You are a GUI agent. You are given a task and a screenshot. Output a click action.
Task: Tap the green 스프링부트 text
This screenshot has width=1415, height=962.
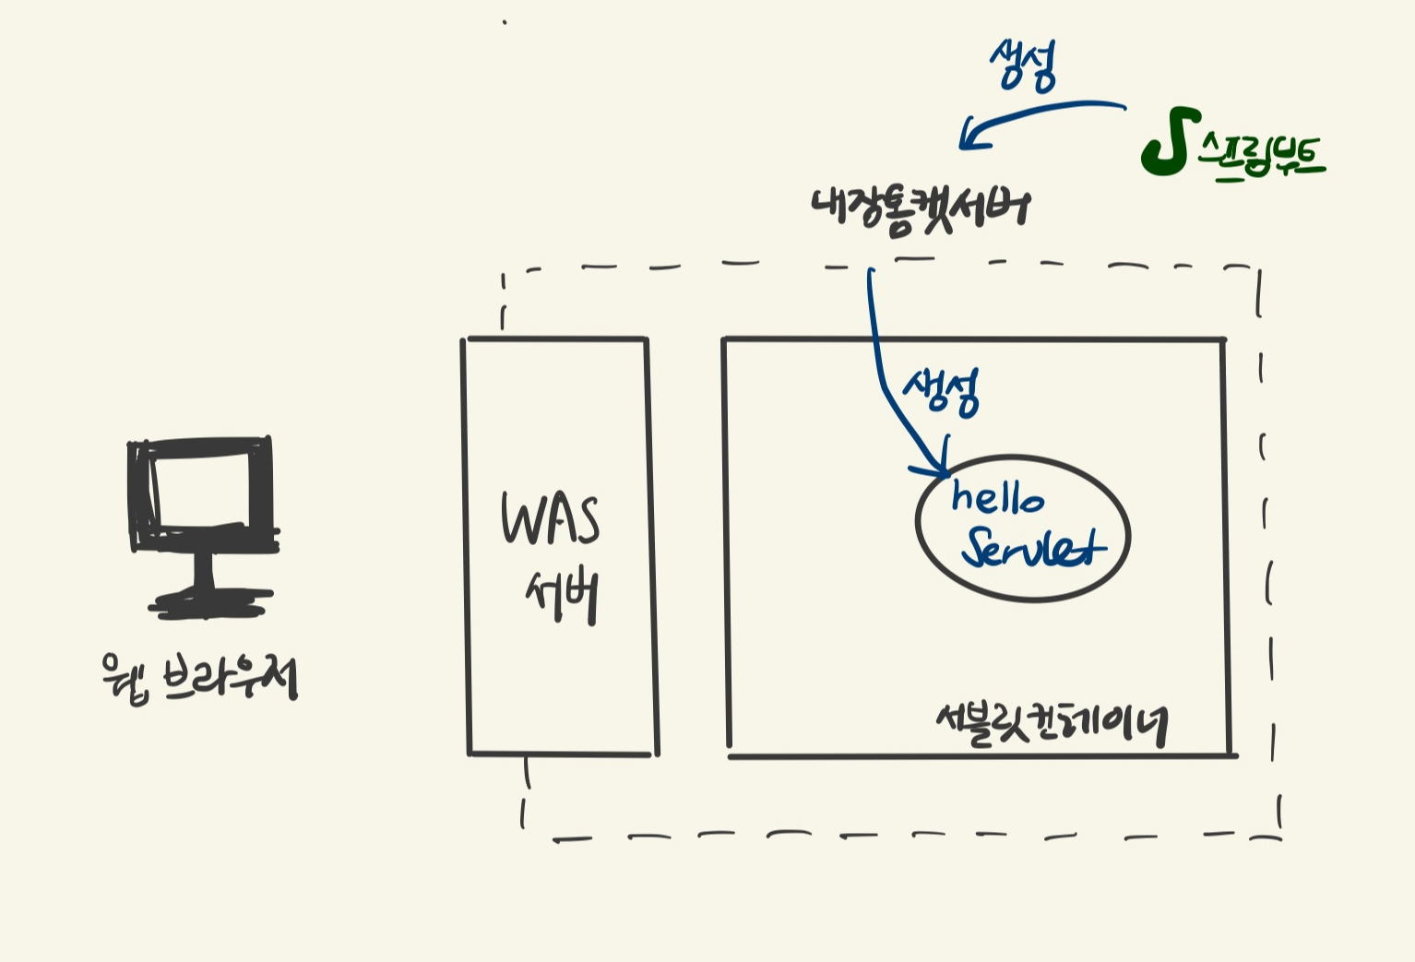point(1261,156)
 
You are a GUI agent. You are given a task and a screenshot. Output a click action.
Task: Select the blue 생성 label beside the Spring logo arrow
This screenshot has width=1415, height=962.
point(1022,65)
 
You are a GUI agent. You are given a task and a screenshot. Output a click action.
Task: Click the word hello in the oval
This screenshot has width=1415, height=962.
point(997,498)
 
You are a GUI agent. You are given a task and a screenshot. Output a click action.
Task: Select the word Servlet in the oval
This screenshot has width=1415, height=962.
point(1032,549)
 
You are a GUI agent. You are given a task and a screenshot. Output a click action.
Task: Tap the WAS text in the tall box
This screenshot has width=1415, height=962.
point(550,518)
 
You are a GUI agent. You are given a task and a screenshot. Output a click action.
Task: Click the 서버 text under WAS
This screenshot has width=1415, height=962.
point(563,597)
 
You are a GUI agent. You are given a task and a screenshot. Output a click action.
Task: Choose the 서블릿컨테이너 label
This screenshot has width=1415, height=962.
point(1051,723)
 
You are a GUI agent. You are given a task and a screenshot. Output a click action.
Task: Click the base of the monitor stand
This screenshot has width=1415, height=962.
point(210,605)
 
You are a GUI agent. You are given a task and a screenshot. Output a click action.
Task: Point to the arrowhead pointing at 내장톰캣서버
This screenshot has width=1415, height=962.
point(968,139)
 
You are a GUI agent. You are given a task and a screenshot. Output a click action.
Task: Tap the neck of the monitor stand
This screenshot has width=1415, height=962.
point(204,572)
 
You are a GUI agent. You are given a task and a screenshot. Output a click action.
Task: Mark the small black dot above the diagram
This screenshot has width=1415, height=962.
point(505,22)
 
